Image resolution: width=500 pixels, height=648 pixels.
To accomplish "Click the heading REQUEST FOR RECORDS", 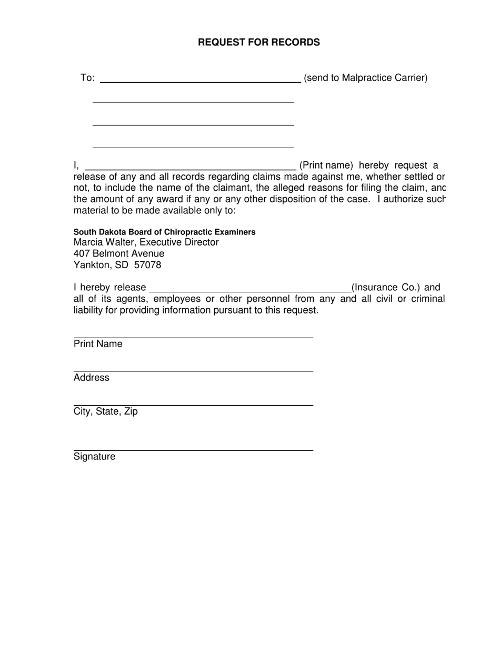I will [x=258, y=42].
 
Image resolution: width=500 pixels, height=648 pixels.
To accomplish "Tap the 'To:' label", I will [x=87, y=78].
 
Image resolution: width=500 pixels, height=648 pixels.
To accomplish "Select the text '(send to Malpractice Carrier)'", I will [x=366, y=78].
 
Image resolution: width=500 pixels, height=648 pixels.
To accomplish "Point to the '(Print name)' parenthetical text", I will [x=326, y=165].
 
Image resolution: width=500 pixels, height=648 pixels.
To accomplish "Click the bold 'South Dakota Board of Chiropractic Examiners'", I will [x=164, y=232].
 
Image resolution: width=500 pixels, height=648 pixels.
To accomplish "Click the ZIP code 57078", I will [x=148, y=265].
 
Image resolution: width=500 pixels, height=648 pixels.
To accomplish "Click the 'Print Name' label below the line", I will [x=98, y=344].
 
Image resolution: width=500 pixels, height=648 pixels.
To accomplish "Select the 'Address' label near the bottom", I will [x=92, y=378].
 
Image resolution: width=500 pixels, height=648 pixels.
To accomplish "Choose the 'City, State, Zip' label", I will [x=106, y=411].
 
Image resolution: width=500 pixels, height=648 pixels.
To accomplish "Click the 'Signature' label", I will [x=94, y=457].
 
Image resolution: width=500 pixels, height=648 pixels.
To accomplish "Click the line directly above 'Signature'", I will [x=193, y=450].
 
